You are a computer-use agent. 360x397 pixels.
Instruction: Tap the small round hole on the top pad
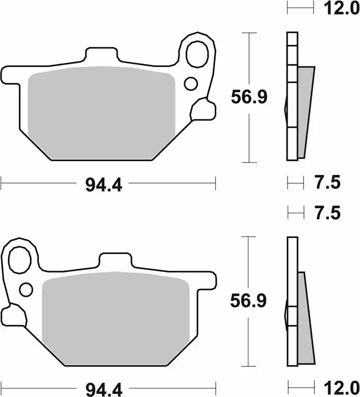click(x=190, y=83)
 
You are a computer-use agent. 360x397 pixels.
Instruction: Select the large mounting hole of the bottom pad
click(x=21, y=259)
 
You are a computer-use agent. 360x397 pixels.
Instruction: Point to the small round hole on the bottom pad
click(x=26, y=289)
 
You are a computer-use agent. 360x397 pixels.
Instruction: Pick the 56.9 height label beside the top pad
click(x=249, y=98)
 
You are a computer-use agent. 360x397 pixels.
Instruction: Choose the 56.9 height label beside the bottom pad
click(x=249, y=301)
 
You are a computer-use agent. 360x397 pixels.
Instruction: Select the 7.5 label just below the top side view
click(x=328, y=183)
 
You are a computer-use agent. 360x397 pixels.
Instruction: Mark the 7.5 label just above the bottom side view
click(x=328, y=213)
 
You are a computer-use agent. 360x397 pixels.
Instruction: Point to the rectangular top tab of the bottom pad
click(x=115, y=261)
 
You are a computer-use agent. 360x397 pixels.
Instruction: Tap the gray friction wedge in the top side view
click(x=305, y=112)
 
